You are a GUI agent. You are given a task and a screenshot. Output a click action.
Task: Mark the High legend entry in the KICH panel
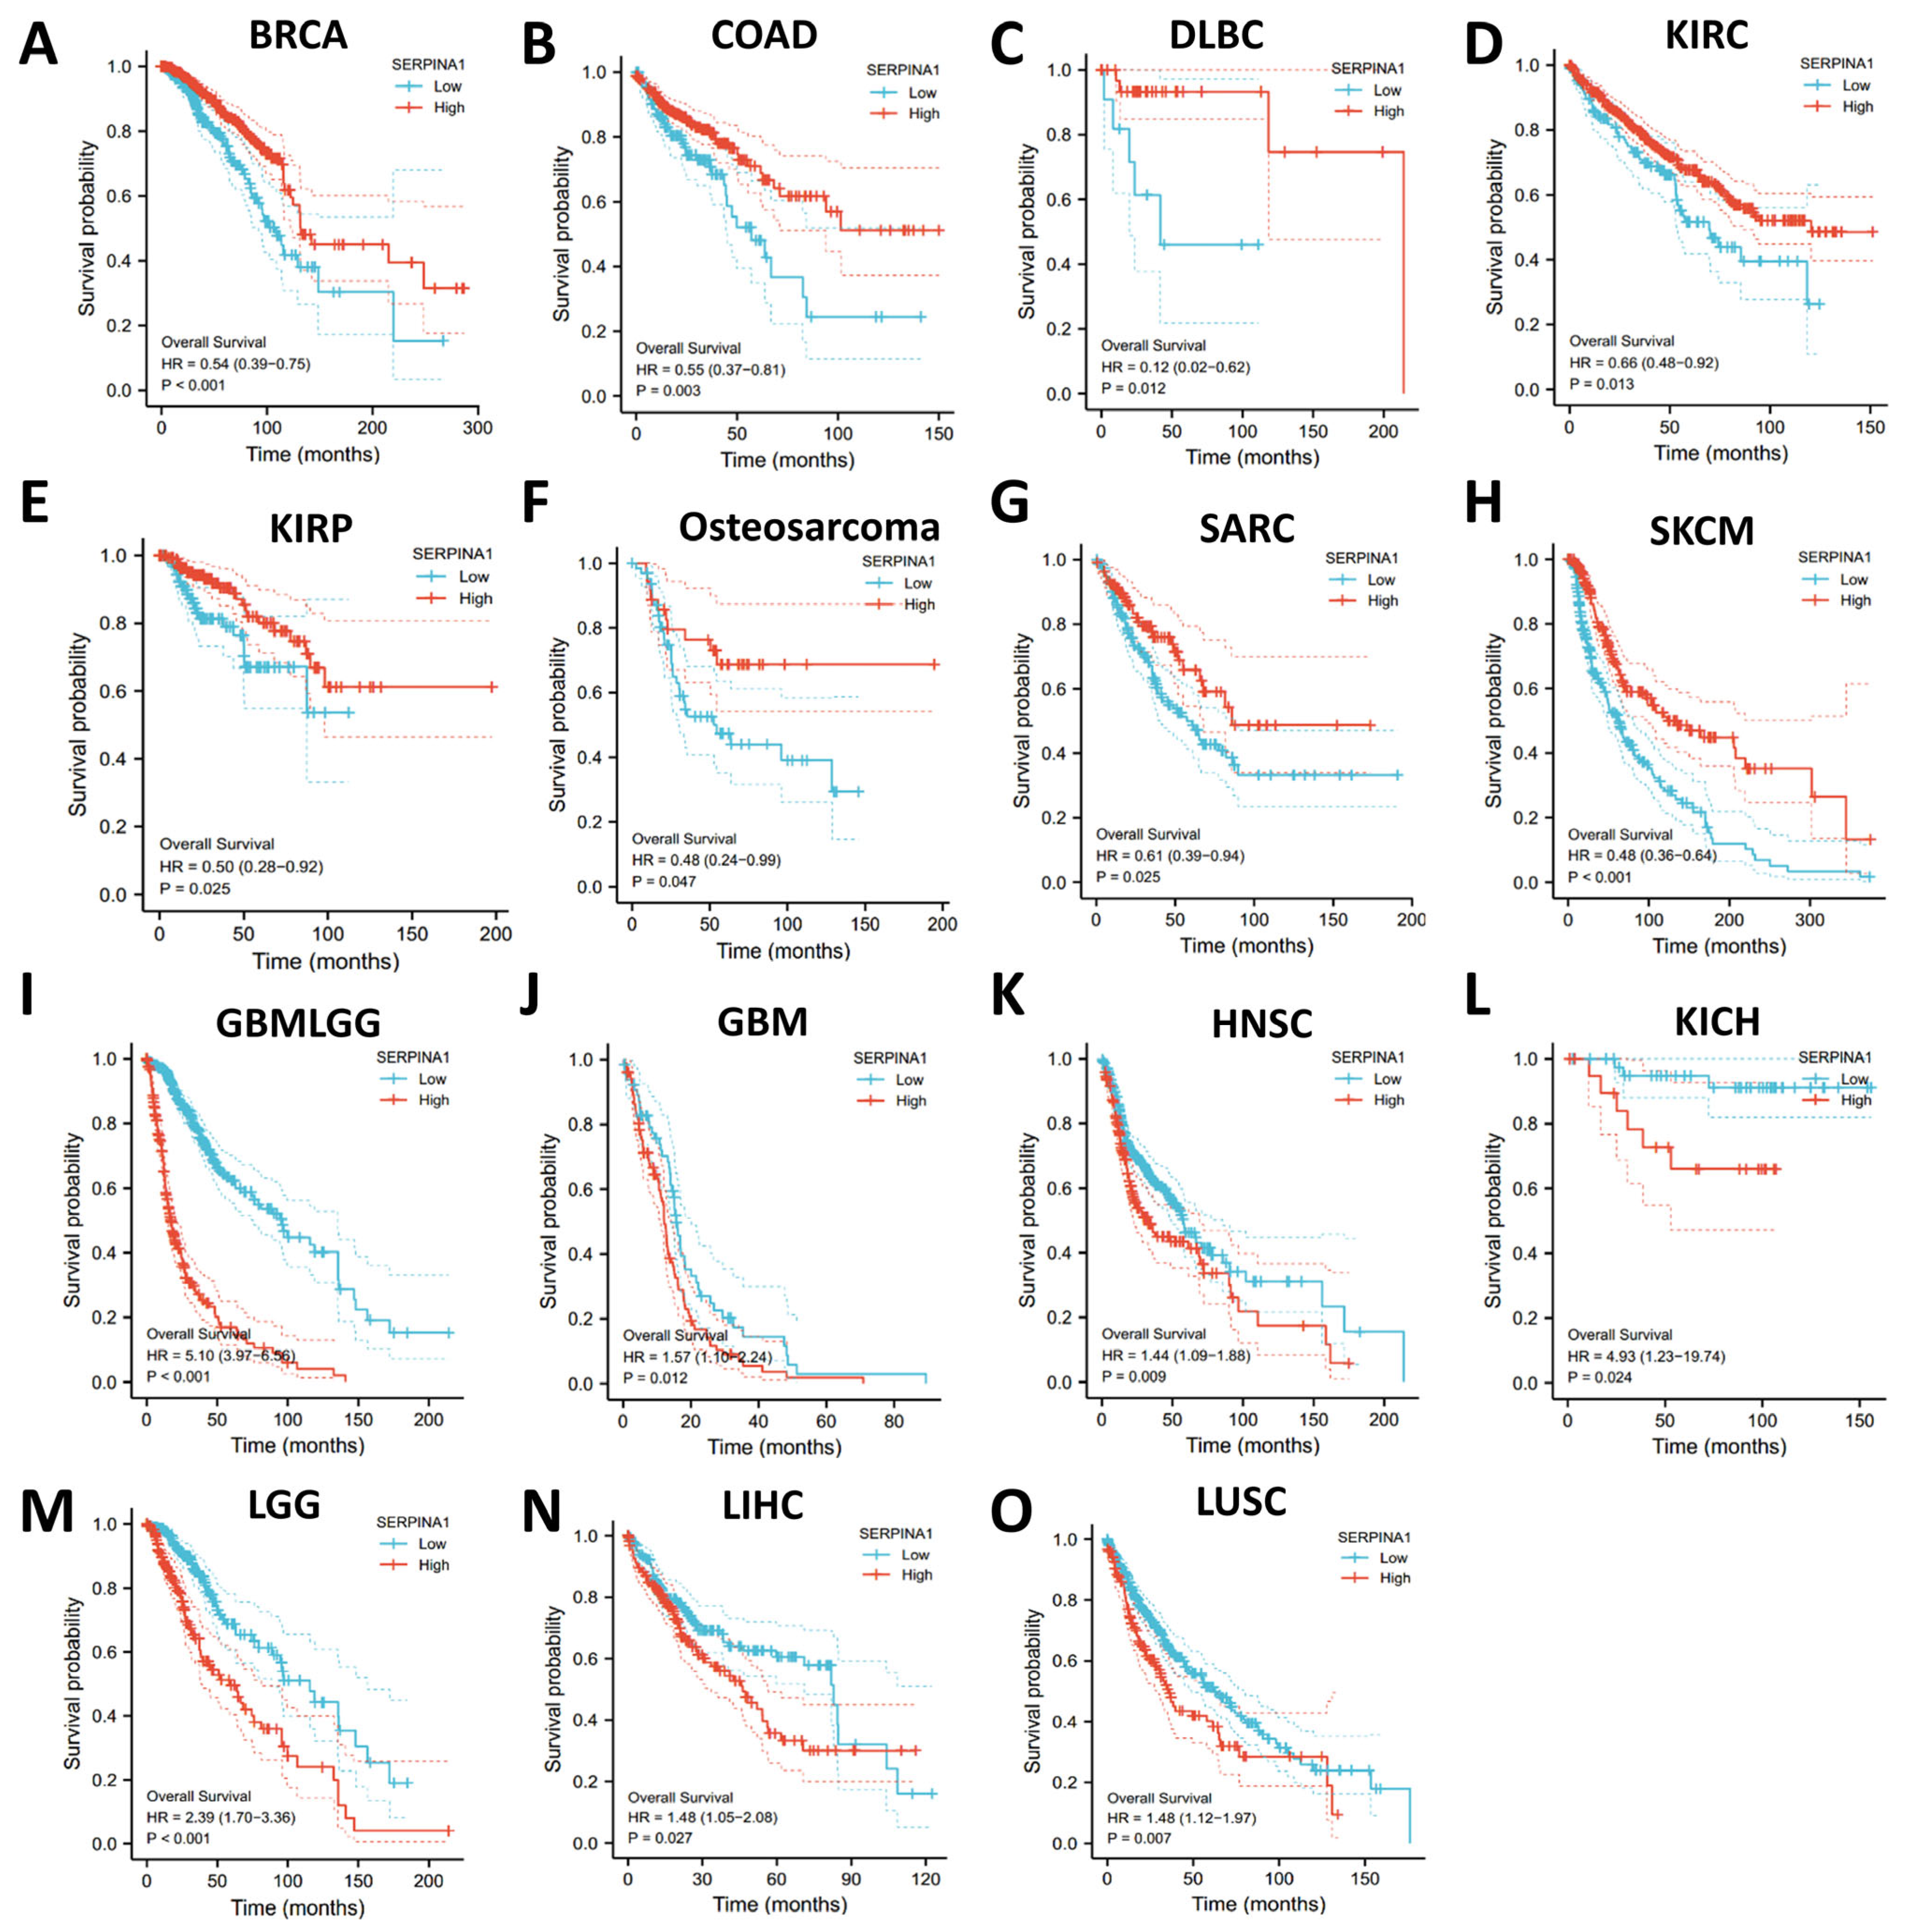pos(1855,1100)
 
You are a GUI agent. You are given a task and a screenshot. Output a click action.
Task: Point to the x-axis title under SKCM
pos(1718,946)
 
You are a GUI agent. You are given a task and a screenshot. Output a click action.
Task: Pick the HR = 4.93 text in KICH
pos(1645,1356)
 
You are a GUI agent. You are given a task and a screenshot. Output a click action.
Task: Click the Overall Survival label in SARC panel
pos(1147,834)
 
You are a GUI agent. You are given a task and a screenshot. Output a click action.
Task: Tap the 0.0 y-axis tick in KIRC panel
pos(1526,390)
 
